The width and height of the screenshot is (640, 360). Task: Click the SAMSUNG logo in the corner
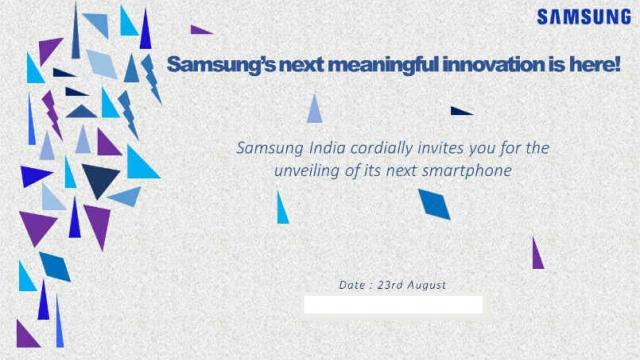tap(584, 17)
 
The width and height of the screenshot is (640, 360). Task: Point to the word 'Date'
tap(352, 285)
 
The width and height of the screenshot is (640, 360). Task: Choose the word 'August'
tap(427, 285)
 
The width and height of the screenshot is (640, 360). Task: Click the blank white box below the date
tap(393, 304)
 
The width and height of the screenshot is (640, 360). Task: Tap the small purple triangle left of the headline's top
tap(200, 30)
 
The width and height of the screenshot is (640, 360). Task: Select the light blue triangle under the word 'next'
tap(314, 110)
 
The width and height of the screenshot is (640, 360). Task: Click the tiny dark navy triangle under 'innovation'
tap(459, 111)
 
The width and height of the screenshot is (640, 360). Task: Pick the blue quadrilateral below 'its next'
tap(434, 203)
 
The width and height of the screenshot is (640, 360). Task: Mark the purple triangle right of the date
tap(537, 255)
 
